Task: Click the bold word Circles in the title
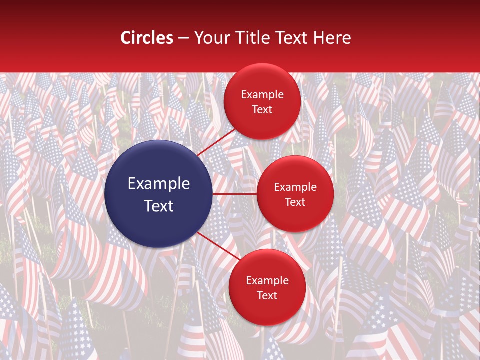147,38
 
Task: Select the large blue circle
159,194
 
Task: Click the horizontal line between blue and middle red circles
235,193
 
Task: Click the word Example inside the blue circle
159,184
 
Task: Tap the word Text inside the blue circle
159,206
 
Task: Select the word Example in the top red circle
262,94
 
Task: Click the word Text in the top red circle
262,109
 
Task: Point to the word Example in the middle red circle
295,187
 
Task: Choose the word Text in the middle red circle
295,202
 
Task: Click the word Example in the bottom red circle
267,280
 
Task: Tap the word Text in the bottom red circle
267,295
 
